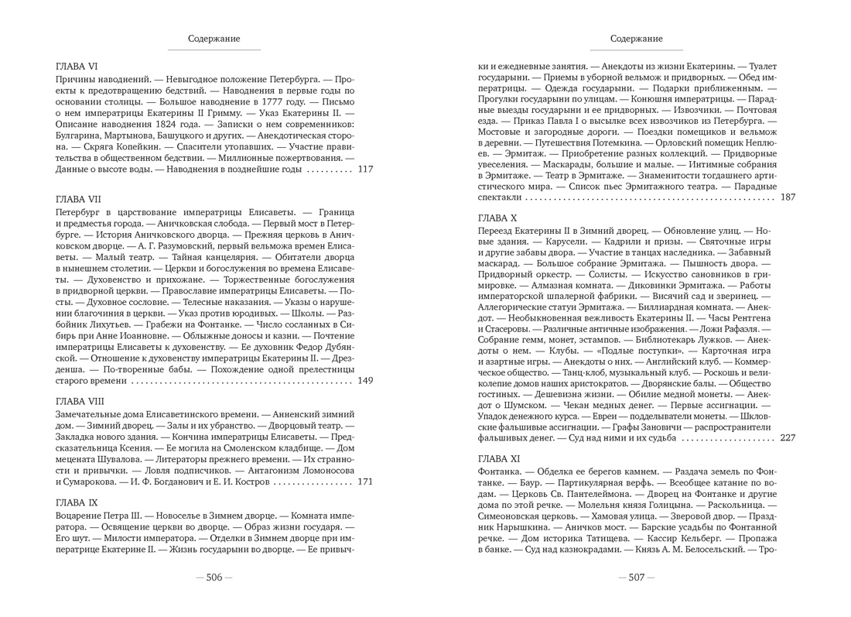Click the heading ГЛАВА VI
76,67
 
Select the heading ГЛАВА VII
78,199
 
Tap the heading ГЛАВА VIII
80,401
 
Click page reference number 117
366,170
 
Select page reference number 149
365,380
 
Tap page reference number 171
365,482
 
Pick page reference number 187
788,198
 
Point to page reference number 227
788,438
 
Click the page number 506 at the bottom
214,578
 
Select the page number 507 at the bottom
636,578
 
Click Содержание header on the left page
214,39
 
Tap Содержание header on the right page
636,39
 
